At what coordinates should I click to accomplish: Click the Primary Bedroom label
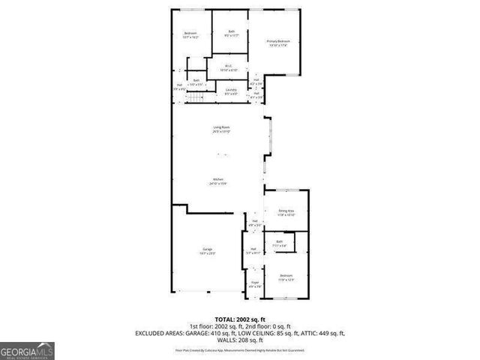tap(278, 43)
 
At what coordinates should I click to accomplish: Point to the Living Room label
tap(221, 129)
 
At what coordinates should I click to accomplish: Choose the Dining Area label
tap(286, 213)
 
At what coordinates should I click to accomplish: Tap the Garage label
tap(207, 251)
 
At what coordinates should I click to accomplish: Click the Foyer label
tap(255, 284)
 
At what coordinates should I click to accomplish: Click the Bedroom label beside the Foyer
tap(286, 277)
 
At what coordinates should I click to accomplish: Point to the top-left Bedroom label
tap(191, 34)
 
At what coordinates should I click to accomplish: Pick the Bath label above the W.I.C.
tap(232, 33)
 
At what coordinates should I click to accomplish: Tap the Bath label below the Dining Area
tap(278, 243)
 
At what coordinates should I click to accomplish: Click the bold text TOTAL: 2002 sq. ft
tap(240, 319)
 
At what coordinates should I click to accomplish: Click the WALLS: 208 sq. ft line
tap(240, 340)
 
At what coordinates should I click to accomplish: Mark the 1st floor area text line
tap(240, 325)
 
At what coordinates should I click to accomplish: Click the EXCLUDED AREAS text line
tap(240, 332)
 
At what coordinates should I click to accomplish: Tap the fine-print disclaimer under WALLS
tap(240, 349)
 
